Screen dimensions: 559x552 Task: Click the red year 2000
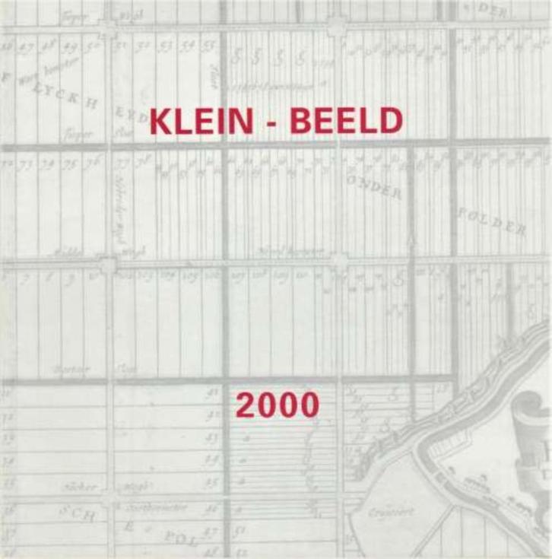pos(277,405)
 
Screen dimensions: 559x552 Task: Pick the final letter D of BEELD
pos(390,122)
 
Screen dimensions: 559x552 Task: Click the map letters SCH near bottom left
pos(78,514)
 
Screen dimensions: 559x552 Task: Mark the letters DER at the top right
pos(513,11)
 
